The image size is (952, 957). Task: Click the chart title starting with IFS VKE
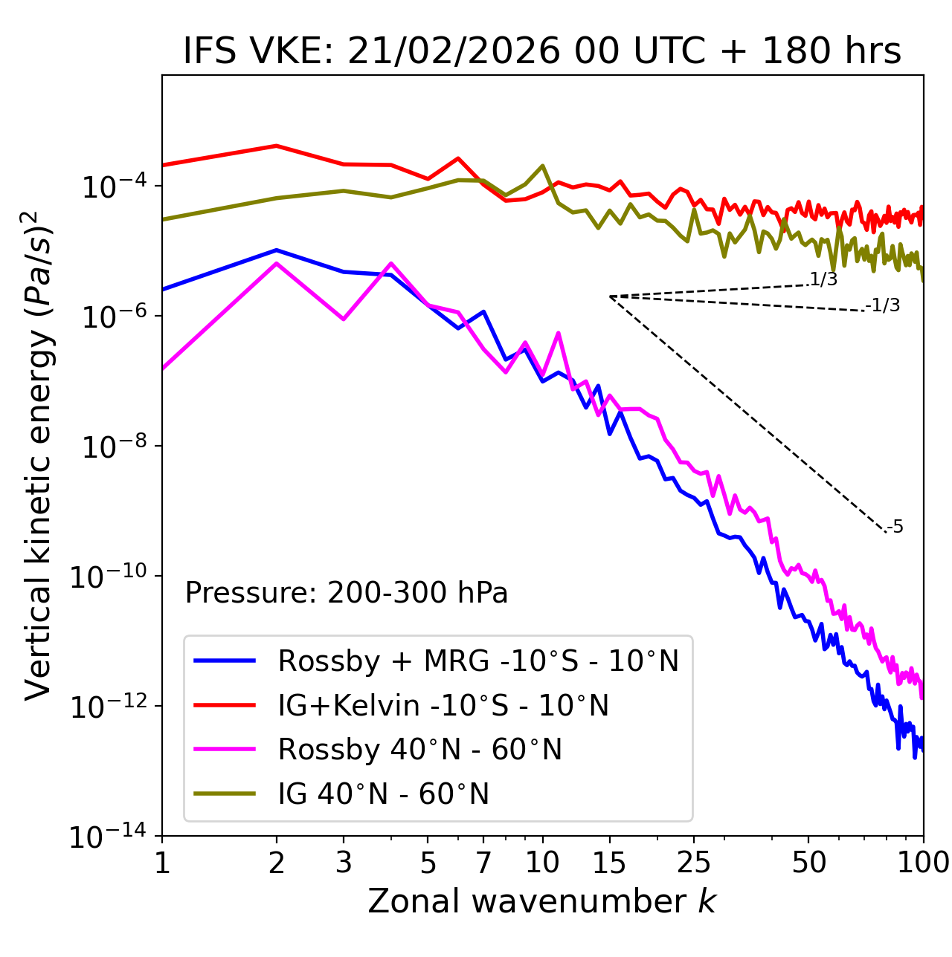coord(542,51)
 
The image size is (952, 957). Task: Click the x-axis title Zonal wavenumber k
coord(542,901)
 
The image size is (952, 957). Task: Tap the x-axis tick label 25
coord(693,862)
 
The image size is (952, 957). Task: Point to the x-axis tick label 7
coord(483,862)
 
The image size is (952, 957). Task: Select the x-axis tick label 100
coord(922,862)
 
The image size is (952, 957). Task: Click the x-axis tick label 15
coord(609,862)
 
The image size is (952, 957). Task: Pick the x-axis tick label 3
coord(344,862)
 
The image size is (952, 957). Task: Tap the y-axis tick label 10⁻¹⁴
coord(107,837)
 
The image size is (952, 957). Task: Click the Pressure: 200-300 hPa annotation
coord(347,593)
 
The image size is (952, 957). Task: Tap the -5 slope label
coord(895,527)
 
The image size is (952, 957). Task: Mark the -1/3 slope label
coord(883,305)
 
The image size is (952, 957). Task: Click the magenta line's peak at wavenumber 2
coord(277,264)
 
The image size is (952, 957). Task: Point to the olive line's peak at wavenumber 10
coord(542,166)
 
